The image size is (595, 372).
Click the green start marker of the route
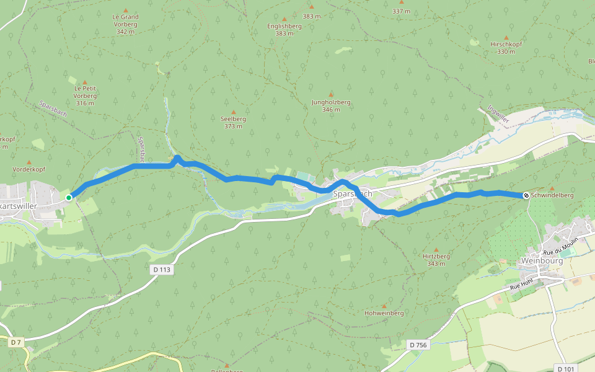tap(69, 198)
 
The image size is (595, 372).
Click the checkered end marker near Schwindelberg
tap(526, 195)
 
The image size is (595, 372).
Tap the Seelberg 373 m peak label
tap(233, 122)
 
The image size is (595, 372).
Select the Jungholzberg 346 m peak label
tap(331, 105)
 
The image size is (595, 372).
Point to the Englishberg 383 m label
tap(284, 30)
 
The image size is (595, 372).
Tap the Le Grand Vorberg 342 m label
tap(125, 24)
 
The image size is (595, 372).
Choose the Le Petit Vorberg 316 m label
tap(85, 95)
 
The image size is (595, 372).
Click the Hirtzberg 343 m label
tap(436, 260)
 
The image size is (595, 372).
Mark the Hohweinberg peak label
tap(384, 313)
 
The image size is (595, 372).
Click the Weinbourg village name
tap(542, 261)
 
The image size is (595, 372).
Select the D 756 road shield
tap(418, 344)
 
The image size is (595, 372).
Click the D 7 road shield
tap(16, 342)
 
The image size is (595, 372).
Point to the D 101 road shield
tap(565, 368)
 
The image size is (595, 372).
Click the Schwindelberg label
tap(552, 195)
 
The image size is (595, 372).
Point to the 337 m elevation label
tap(401, 11)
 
